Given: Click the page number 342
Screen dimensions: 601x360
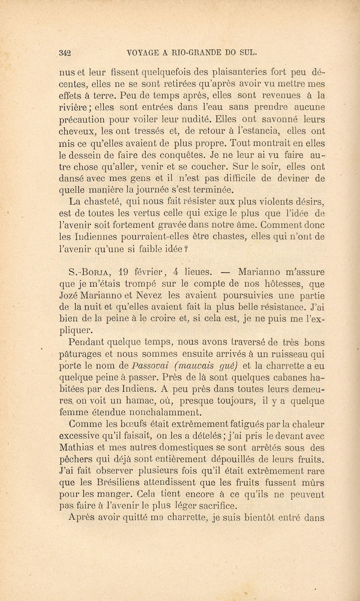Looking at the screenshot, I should point(65,53).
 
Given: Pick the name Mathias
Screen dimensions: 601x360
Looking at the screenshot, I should point(77,448).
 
